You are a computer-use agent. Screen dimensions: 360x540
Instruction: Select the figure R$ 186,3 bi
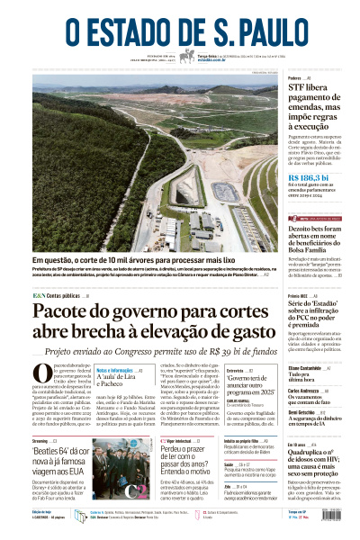pos(307,178)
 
